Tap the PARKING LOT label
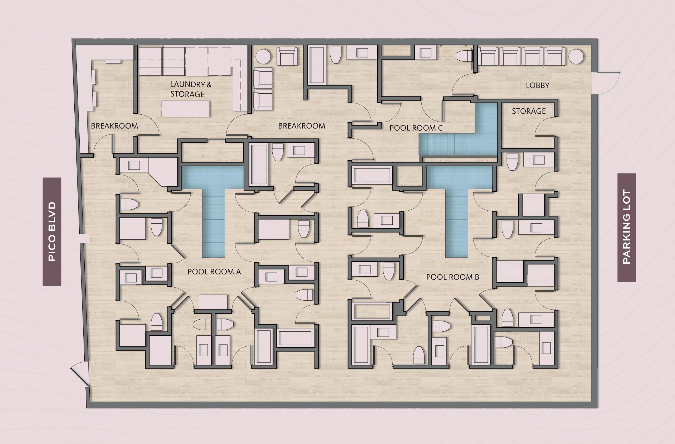(x=626, y=227)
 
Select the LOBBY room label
(x=537, y=85)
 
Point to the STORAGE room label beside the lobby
(x=529, y=111)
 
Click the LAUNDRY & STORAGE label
(x=191, y=89)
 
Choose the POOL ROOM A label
(x=214, y=272)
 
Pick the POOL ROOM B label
(x=453, y=277)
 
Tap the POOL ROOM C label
(x=416, y=128)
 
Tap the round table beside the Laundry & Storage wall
(x=263, y=57)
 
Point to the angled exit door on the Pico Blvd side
(x=79, y=374)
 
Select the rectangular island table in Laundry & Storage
(x=185, y=109)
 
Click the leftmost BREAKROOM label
(x=114, y=126)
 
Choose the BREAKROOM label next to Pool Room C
(x=301, y=126)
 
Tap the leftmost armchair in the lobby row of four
(x=488, y=56)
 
